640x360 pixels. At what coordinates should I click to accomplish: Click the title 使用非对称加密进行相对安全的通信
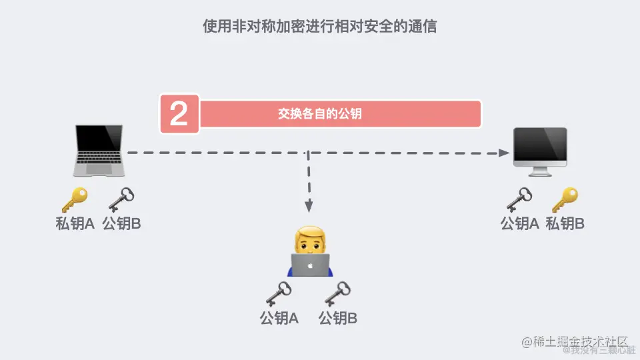[x=320, y=27]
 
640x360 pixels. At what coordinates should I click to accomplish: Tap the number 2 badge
[x=179, y=114]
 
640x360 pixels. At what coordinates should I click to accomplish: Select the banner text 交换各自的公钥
[x=320, y=114]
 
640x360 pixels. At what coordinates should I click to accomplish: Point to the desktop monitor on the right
[x=539, y=149]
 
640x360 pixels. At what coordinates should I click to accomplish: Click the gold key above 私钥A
[x=74, y=199]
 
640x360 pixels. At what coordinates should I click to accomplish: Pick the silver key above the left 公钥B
[x=121, y=199]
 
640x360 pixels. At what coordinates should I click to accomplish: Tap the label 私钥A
[x=75, y=224]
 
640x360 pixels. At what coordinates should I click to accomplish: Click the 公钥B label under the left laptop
[x=121, y=224]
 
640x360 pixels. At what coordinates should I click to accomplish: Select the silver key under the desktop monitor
[x=519, y=199]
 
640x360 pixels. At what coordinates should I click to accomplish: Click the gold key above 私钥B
[x=565, y=199]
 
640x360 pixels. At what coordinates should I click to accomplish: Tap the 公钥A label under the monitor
[x=519, y=224]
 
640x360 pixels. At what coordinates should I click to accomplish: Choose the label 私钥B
[x=565, y=224]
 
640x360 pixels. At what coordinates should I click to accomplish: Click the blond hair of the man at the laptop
[x=311, y=233]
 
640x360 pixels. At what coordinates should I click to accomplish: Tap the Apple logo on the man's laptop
[x=311, y=265]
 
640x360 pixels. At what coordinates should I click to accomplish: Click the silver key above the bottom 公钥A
[x=279, y=293]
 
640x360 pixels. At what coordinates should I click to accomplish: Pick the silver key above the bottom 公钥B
[x=337, y=293]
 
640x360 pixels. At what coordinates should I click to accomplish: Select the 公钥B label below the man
[x=338, y=319]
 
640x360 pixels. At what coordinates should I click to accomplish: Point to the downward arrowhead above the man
[x=308, y=207]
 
